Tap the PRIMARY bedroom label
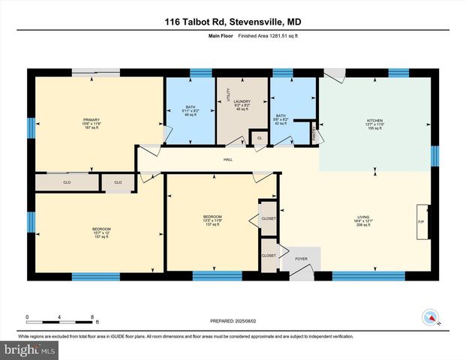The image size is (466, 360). (x=92, y=119)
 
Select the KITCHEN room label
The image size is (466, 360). (x=374, y=120)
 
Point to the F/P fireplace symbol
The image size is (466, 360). (x=421, y=221)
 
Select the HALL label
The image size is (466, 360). (x=227, y=159)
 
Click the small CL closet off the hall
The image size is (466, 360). (x=259, y=139)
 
